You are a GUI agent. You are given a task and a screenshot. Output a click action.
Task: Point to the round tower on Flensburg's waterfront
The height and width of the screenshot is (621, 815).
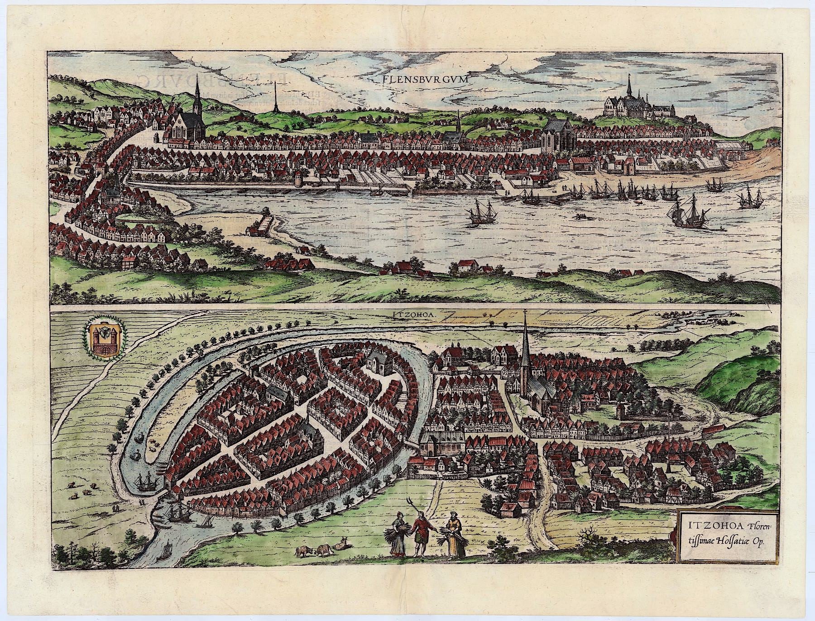pyautogui.click(x=298, y=179)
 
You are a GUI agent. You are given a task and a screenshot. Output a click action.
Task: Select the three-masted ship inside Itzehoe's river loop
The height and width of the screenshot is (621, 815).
pyautogui.click(x=146, y=482)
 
